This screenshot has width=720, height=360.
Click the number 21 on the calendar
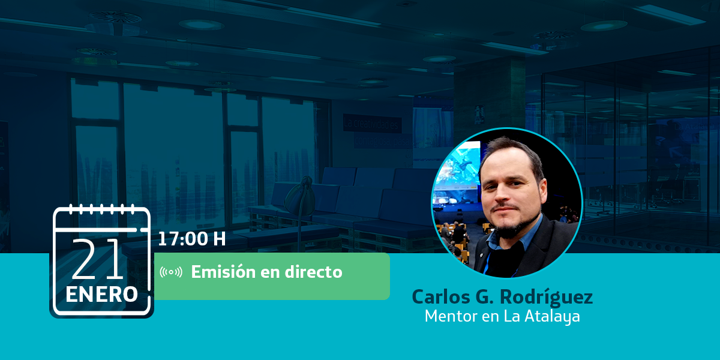[x=97, y=259]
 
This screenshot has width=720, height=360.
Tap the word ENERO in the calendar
[x=101, y=295]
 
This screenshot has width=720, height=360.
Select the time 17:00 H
[x=192, y=239]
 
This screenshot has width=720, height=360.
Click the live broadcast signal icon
[x=171, y=272]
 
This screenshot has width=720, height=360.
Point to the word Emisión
[x=223, y=272]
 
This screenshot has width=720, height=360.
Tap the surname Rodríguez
[x=547, y=297]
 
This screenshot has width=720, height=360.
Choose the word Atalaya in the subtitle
[x=552, y=316]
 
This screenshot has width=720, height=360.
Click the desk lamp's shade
[x=299, y=197]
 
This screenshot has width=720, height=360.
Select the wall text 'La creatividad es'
[x=372, y=124]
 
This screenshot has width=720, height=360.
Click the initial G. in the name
[x=484, y=296]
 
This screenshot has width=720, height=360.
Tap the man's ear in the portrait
[x=542, y=192]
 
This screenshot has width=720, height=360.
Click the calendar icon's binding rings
[x=101, y=209]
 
